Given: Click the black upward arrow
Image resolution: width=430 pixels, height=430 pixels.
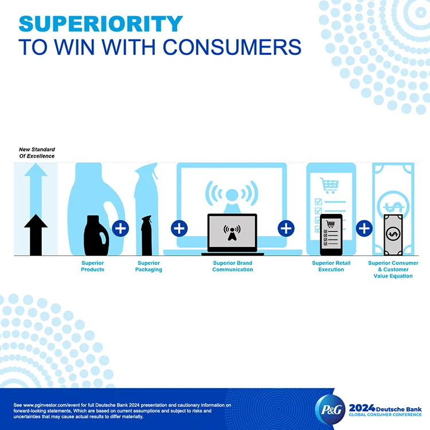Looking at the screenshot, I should point(36,234).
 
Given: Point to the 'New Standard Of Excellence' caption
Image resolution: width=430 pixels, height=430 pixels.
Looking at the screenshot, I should point(37,153).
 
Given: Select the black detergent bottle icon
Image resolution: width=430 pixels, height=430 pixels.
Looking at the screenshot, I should point(94,234).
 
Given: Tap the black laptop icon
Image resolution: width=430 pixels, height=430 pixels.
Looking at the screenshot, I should point(232,234).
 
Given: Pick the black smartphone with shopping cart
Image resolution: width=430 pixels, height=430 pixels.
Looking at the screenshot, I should point(331,234).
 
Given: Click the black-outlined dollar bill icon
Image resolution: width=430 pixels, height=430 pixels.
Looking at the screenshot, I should point(393,234).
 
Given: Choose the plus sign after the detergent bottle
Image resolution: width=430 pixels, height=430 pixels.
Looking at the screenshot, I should point(120,228).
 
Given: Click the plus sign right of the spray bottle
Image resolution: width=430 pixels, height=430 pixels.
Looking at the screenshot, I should point(179,228).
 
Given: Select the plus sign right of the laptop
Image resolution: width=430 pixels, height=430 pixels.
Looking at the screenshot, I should point(286,228).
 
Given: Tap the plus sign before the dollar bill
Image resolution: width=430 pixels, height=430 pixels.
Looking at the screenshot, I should point(365,228).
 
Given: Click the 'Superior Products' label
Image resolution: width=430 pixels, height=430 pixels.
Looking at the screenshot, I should point(92,267).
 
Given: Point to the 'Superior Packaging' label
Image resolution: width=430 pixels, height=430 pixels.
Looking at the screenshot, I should point(148,267).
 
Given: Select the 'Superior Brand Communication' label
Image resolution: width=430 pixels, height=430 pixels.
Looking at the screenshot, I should point(232,267).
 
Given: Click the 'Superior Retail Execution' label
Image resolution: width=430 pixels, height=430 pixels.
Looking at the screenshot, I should point(331,267).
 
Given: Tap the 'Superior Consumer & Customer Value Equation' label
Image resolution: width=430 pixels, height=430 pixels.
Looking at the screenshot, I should point(393,269).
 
